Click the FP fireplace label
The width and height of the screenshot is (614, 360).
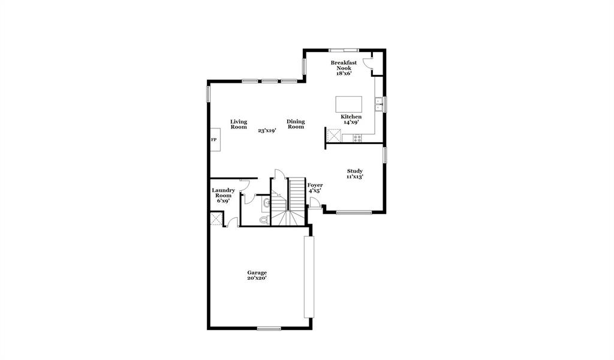click(213, 140)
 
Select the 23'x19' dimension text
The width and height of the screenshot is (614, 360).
click(267, 130)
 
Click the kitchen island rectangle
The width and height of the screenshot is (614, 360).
click(349, 104)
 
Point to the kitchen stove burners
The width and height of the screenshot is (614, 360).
click(357, 138)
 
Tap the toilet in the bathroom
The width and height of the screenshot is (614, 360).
click(263, 220)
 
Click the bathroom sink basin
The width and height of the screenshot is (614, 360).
click(266, 202)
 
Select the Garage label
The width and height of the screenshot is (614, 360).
click(257, 272)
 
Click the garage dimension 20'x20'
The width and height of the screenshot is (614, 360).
click(257, 278)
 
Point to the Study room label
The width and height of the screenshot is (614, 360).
click(354, 171)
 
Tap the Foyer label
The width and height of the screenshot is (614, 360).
click(315, 185)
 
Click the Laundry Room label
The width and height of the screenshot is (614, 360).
click(222, 193)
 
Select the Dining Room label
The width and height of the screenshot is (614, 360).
click(295, 124)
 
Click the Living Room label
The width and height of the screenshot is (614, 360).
click(239, 124)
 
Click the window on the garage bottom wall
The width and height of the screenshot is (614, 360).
click(269, 328)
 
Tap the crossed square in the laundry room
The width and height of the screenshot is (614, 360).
click(216, 218)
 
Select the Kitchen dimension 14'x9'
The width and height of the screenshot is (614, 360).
click(351, 122)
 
